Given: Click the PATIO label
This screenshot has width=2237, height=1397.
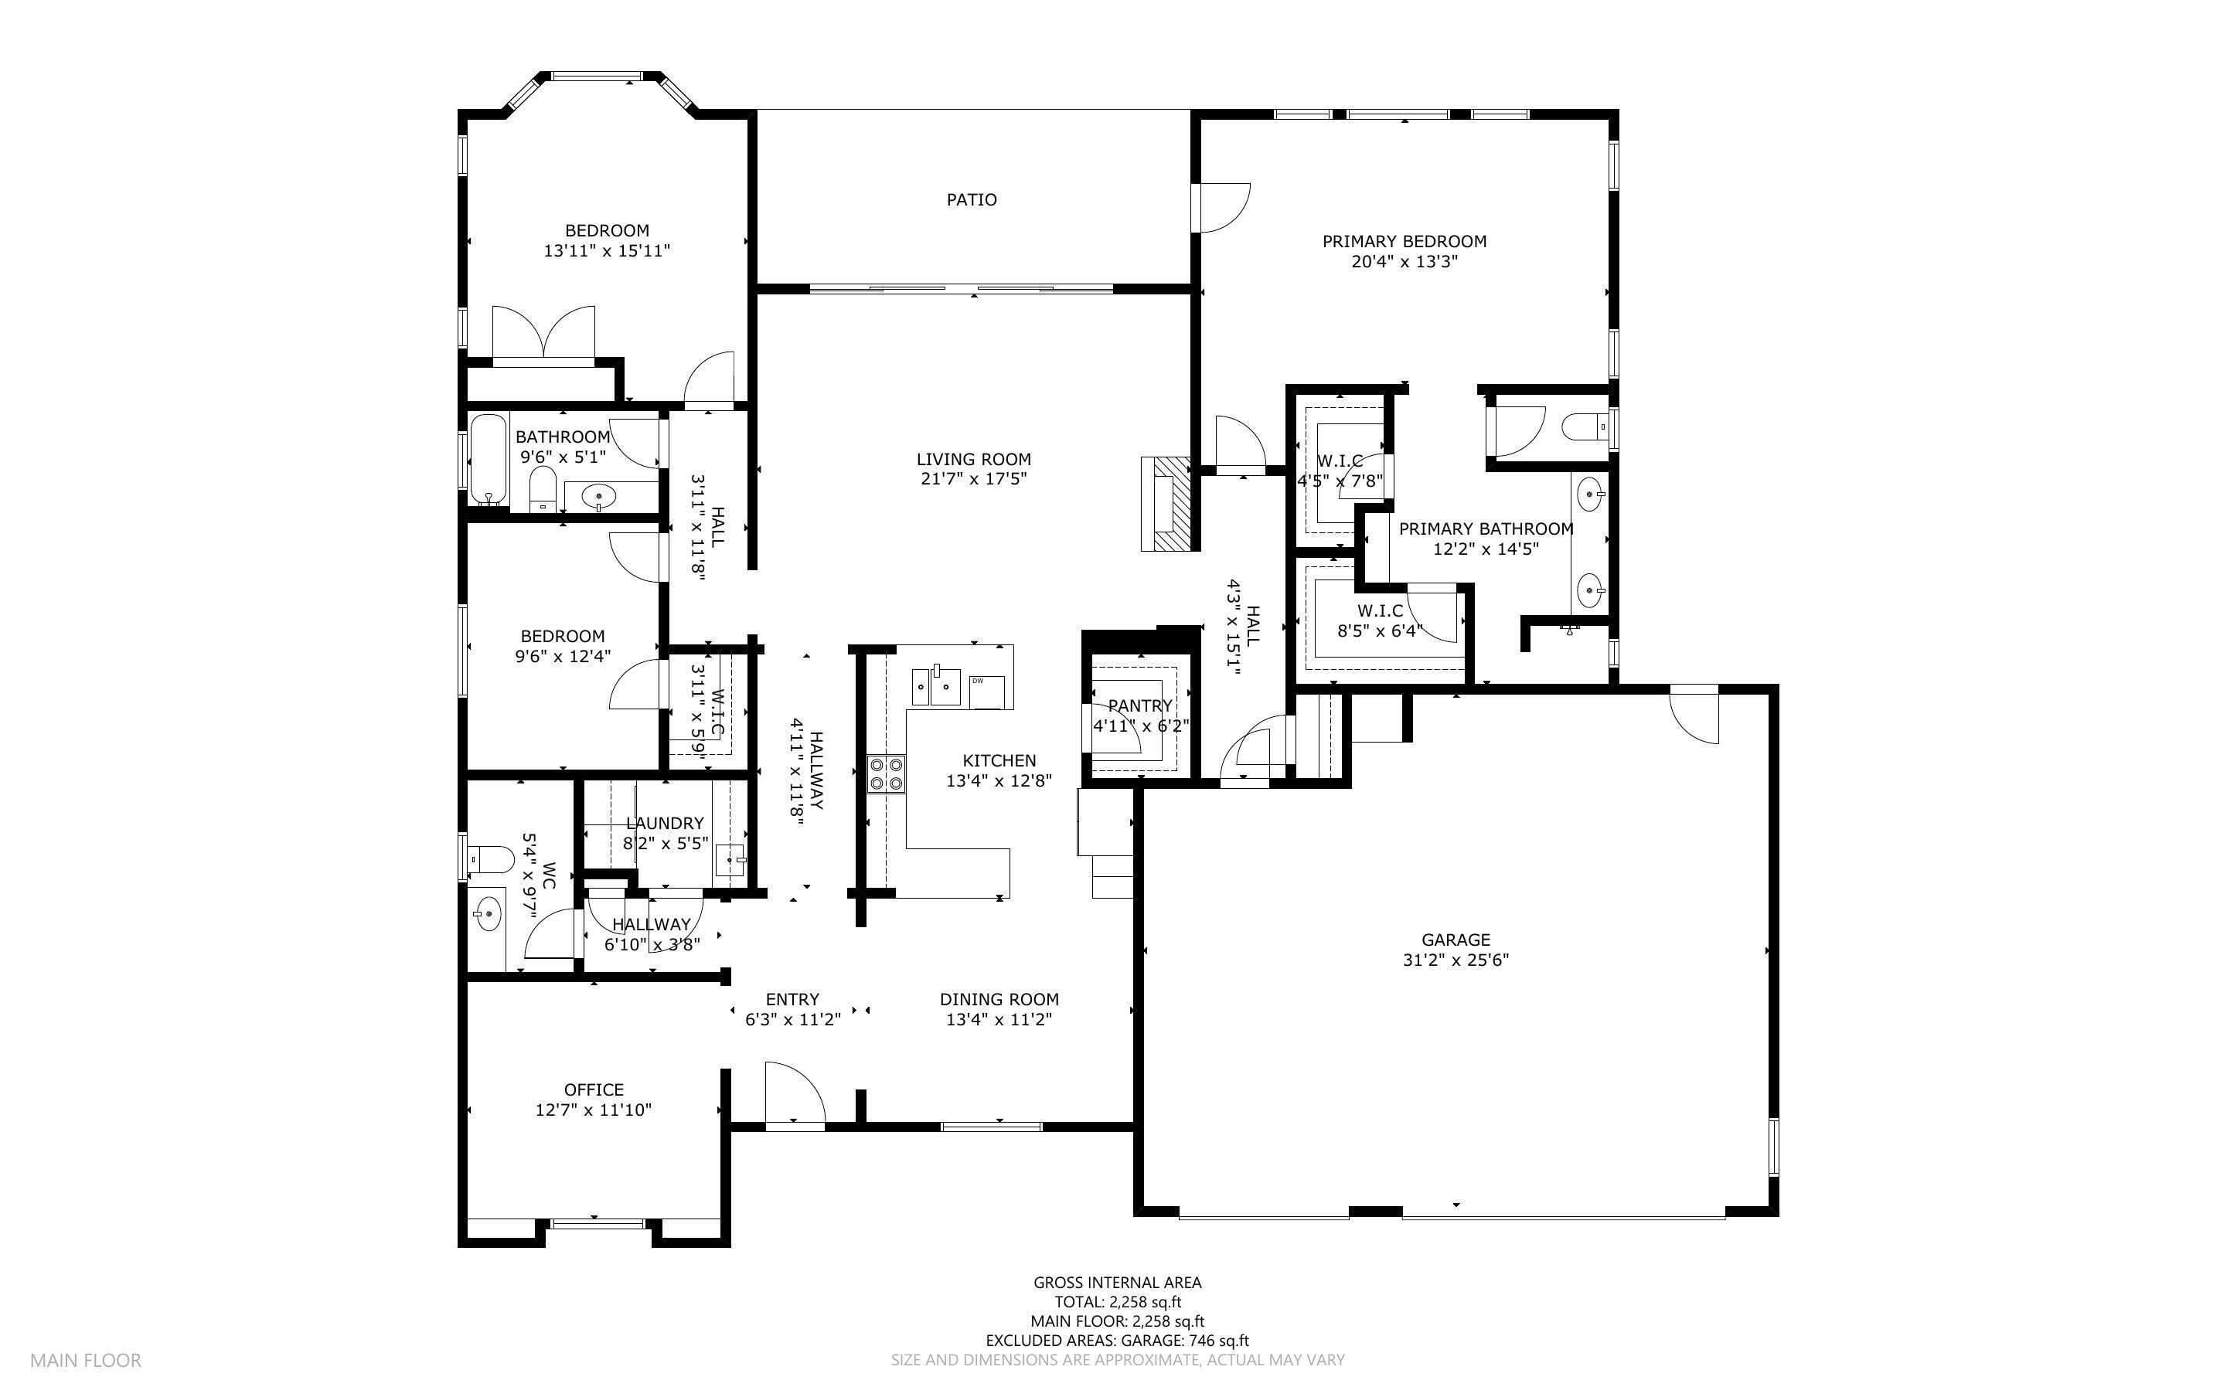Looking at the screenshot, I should pyautogui.click(x=971, y=199).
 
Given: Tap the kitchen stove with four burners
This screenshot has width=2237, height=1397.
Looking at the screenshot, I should pyautogui.click(x=885, y=773).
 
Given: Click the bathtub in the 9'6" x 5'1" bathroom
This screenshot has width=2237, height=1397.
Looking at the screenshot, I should pyautogui.click(x=488, y=459).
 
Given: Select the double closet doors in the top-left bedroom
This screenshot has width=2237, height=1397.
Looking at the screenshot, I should pyautogui.click(x=543, y=332).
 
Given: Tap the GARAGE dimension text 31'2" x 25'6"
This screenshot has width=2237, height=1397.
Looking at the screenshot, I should pyautogui.click(x=1456, y=960).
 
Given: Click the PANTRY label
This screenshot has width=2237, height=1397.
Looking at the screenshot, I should pyautogui.click(x=1139, y=706).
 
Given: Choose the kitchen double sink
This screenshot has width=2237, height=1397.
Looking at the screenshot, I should pyautogui.click(x=936, y=685).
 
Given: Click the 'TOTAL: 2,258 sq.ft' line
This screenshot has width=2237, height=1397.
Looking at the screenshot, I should pyautogui.click(x=1117, y=1302).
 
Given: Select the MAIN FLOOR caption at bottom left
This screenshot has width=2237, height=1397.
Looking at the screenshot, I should pyautogui.click(x=85, y=1360).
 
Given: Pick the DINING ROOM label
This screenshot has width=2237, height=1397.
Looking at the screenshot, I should pyautogui.click(x=999, y=1000).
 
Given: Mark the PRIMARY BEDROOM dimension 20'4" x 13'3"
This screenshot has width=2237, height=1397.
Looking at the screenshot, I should pyautogui.click(x=1404, y=261).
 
